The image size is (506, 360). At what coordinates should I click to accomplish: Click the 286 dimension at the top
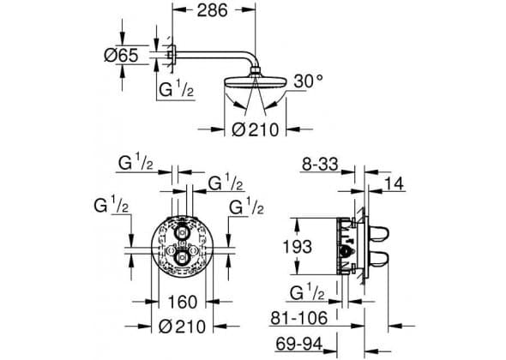point(213,10)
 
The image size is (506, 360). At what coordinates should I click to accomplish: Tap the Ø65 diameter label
point(121,55)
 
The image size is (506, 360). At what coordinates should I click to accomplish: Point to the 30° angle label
point(308,81)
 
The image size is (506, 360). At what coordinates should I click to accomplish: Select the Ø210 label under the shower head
point(255,129)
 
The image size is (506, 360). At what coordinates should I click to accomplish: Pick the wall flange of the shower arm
point(173,55)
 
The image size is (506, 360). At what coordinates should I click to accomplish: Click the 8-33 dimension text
point(320,165)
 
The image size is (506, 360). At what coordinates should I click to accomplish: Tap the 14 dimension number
point(394,184)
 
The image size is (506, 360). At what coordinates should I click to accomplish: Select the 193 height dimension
point(298,247)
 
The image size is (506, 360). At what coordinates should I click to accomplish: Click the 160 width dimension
point(183,303)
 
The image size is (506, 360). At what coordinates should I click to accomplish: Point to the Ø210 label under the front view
point(182,327)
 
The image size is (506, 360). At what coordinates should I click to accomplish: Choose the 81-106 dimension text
point(298,318)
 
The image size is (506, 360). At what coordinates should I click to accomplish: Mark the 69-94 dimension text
point(298,344)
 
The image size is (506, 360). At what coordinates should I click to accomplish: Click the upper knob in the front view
point(183,232)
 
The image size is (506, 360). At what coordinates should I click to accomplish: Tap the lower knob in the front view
point(183,257)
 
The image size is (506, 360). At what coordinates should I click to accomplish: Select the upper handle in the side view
point(378,233)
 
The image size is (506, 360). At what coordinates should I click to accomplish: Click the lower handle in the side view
point(378,260)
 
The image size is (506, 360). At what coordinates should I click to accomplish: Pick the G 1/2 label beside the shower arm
point(176,90)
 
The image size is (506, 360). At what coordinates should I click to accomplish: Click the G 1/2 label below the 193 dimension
point(307,292)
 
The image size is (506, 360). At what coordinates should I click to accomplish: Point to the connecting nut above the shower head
point(255,71)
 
